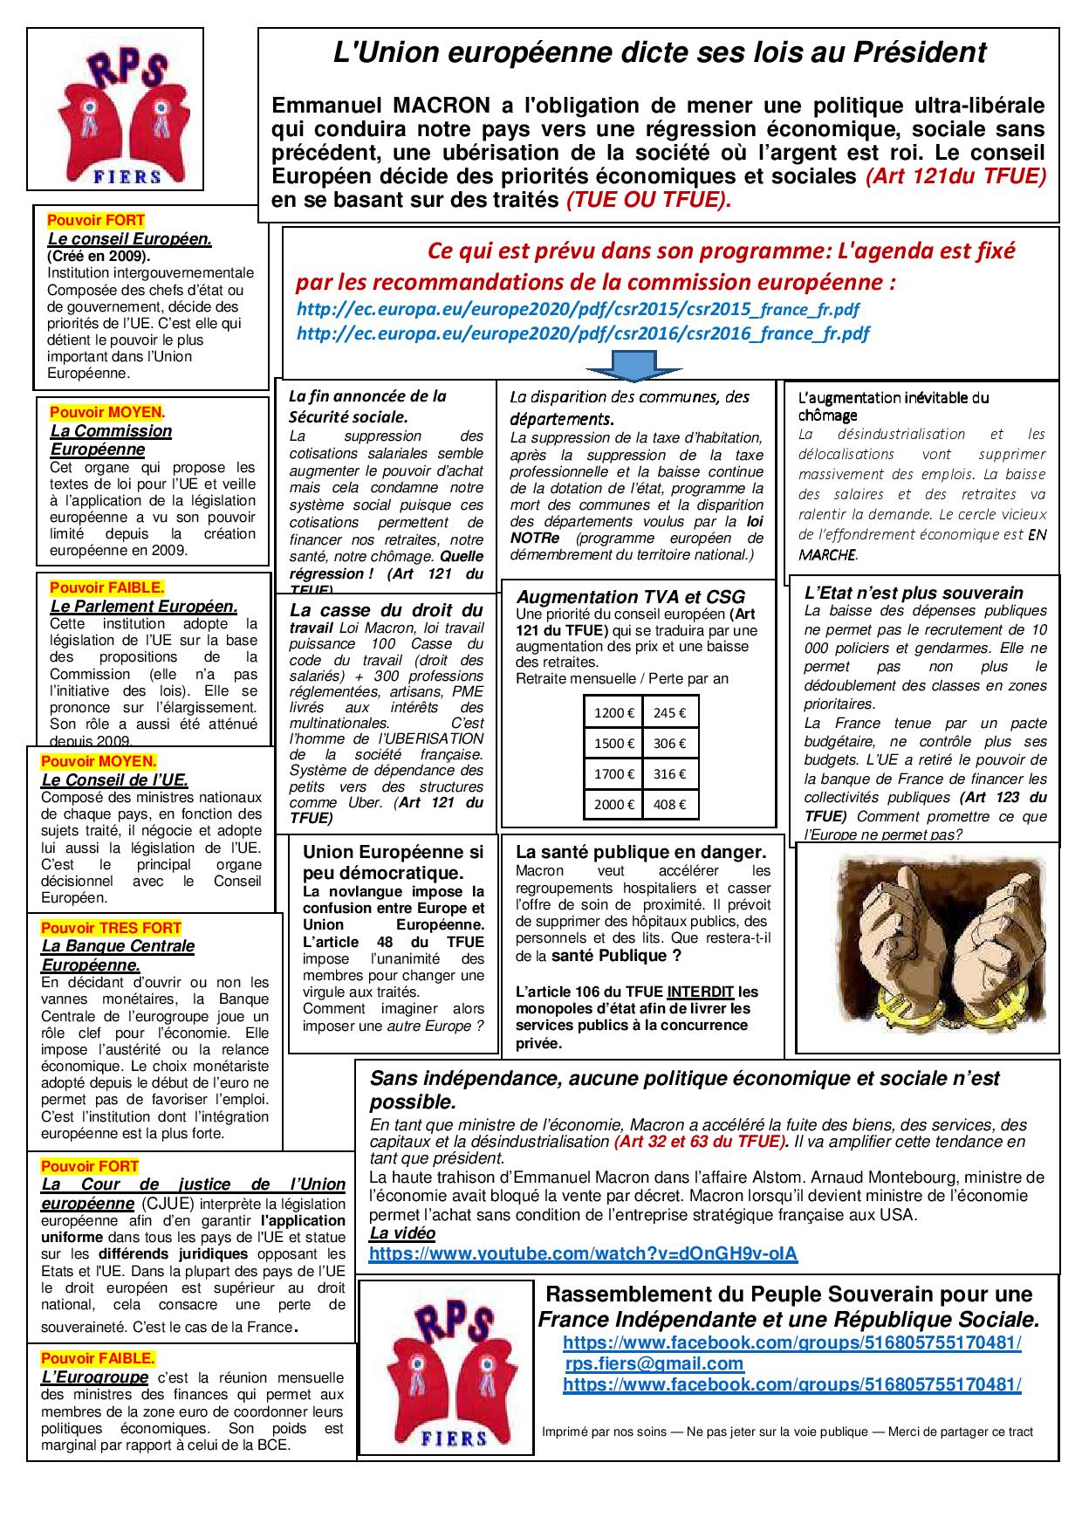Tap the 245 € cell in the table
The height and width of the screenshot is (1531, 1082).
pyautogui.click(x=669, y=712)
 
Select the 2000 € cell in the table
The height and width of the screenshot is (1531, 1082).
pyautogui.click(x=613, y=805)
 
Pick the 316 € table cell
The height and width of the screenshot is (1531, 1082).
pyautogui.click(x=669, y=773)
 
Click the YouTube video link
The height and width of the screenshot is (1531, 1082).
pyautogui.click(x=583, y=1253)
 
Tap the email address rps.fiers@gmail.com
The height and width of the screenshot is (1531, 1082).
pyautogui.click(x=654, y=1363)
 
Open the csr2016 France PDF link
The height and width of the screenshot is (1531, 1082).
pyautogui.click(x=583, y=333)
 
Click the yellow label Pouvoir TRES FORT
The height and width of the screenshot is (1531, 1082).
pyautogui.click(x=111, y=928)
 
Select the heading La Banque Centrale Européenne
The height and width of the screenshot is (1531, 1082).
pyautogui.click(x=118, y=955)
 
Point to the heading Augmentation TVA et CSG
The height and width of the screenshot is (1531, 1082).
pyautogui.click(x=631, y=597)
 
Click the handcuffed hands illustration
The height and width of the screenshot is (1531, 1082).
pyautogui.click(x=926, y=949)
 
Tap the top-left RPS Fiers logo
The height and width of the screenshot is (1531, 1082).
pyautogui.click(x=115, y=109)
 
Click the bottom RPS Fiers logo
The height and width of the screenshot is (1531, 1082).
pyautogui.click(x=446, y=1368)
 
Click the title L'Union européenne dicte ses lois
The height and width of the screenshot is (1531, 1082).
pyautogui.click(x=660, y=52)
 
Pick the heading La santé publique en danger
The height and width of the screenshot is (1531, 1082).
pyautogui.click(x=641, y=853)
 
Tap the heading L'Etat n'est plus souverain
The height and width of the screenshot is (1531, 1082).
pyautogui.click(x=914, y=593)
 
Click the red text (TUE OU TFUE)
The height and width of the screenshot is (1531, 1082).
pyautogui.click(x=648, y=200)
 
